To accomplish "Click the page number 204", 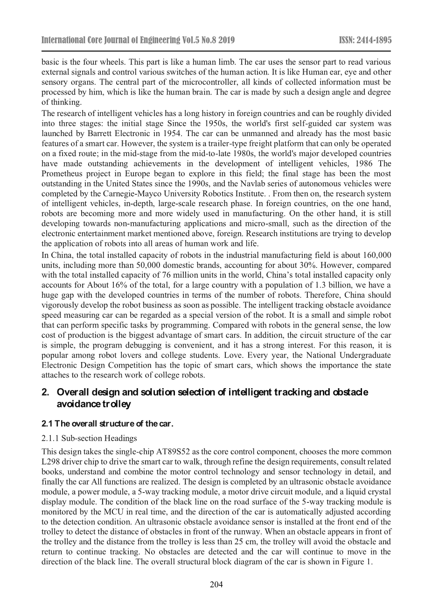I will coord(216,585).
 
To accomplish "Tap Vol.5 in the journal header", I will coord(192,41).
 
